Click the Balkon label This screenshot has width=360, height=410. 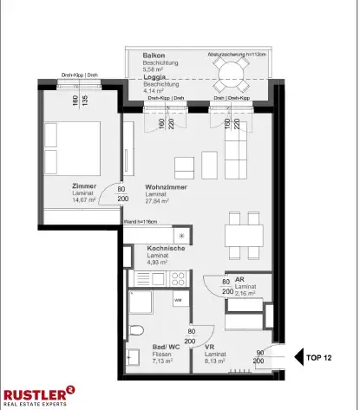tap(154, 55)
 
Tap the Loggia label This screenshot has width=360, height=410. tap(156, 76)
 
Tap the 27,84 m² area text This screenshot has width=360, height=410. tap(157, 201)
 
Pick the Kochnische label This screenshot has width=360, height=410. tap(158, 249)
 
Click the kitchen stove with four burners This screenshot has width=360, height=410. tap(178, 277)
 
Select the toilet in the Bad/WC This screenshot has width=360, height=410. tap(134, 331)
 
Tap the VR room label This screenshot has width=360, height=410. tap(208, 347)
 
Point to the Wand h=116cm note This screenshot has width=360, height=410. tap(142, 223)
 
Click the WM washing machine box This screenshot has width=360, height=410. tap(177, 300)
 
